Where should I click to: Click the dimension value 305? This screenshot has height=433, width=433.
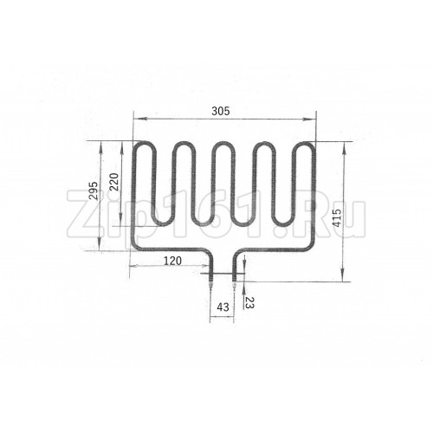point(221,111)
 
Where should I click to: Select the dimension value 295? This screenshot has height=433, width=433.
point(94,191)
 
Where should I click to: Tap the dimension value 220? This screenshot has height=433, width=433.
point(114,182)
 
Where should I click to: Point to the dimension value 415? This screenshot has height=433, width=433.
point(337,217)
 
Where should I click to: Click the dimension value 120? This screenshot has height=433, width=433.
point(172,261)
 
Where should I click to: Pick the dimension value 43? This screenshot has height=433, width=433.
point(223,307)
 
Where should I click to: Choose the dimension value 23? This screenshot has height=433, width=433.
point(249,302)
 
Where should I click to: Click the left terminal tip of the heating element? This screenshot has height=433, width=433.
point(210,287)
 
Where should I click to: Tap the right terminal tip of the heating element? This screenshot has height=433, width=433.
point(234,287)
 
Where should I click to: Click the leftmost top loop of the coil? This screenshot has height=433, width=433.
point(144,143)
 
